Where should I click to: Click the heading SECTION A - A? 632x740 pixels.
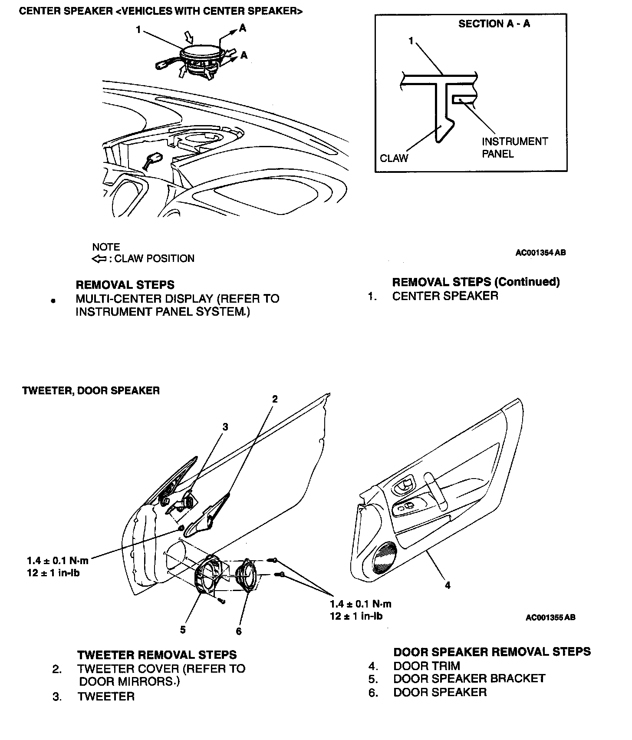pos(494,24)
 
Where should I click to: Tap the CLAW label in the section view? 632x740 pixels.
pos(394,158)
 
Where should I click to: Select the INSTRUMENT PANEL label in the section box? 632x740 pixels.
pos(515,148)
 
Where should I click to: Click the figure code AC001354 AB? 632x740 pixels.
pos(540,252)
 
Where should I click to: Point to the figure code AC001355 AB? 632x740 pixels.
pos(550,617)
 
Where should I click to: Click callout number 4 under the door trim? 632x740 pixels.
pos(448,585)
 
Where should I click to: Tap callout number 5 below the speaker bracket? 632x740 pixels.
pos(183,630)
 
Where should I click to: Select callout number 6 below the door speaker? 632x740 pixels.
pos(238,631)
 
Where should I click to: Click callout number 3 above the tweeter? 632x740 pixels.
pos(225,427)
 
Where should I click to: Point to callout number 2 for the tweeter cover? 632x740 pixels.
pos(274,399)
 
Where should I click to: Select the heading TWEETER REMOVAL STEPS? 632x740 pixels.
pos(157,654)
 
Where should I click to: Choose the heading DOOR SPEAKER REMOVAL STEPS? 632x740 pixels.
pos(492,651)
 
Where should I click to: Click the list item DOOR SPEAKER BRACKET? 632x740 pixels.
pos(469,678)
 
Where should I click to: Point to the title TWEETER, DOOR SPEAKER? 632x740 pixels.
pos(91,390)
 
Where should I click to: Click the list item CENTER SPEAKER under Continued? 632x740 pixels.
pos(445,296)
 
